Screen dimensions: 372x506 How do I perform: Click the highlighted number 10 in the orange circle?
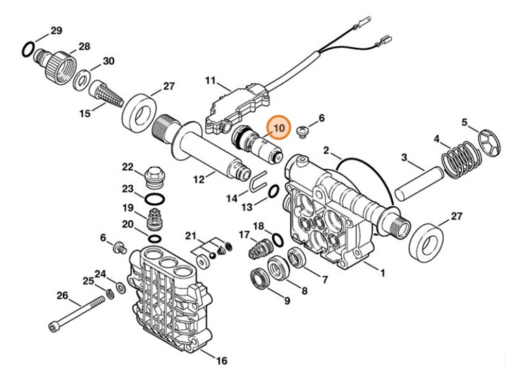(x=278, y=128)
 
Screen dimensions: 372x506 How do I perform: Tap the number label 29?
(x=56, y=30)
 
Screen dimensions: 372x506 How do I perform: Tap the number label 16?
(x=221, y=360)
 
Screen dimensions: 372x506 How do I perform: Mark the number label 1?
(x=383, y=274)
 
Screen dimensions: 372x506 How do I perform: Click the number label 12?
(x=199, y=180)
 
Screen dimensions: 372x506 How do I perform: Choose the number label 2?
(x=327, y=150)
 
